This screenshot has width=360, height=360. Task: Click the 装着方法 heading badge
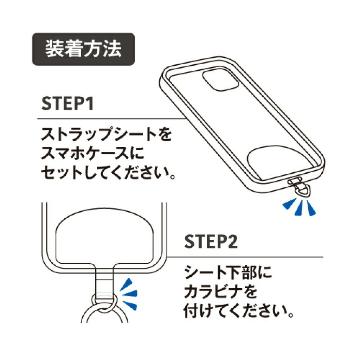point(83,49)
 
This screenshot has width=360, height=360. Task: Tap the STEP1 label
point(67,104)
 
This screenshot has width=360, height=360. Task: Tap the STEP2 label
point(211,241)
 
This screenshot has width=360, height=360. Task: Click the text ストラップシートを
point(106,134)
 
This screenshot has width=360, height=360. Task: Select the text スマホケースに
point(93,153)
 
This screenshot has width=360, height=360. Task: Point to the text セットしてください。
point(108,172)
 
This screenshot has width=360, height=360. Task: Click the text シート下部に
point(228,272)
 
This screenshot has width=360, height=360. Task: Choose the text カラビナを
point(221,292)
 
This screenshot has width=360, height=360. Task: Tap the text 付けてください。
point(239,311)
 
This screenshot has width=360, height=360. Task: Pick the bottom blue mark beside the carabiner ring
point(130,306)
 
